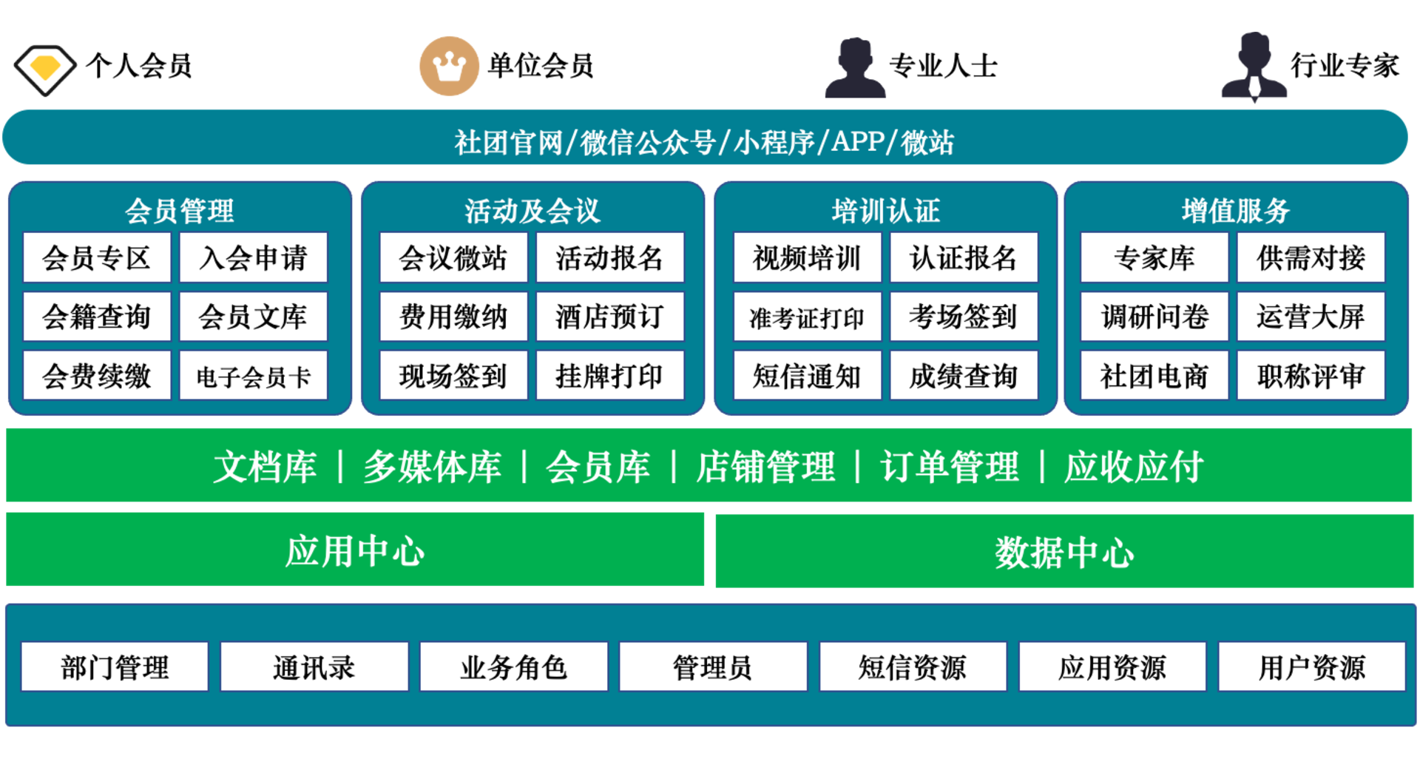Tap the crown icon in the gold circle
[450, 66]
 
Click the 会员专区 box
[97, 257]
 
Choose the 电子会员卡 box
[253, 376]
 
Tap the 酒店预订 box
[609, 317]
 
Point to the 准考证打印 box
[807, 317]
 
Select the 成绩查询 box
[963, 376]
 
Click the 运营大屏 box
[1310, 317]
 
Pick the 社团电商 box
[1154, 376]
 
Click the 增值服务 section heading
[1235, 211]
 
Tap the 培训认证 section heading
[885, 211]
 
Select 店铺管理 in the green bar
[765, 467]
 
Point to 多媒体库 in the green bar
[432, 467]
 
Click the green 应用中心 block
[355, 550]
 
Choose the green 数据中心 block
[1064, 552]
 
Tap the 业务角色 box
[513, 667]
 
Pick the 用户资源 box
[1311, 667]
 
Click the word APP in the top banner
[858, 141]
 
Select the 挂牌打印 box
[609, 376]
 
